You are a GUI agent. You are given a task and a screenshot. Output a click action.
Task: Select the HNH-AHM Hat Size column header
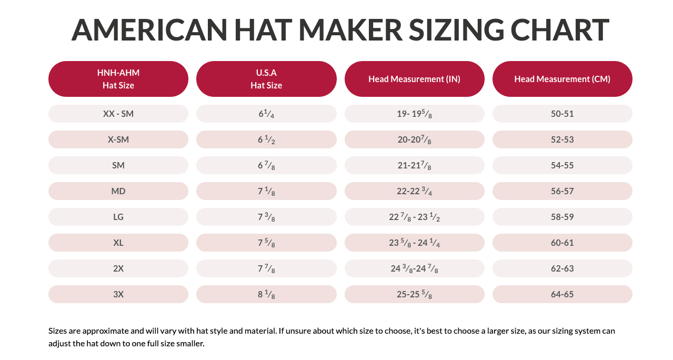tap(118, 79)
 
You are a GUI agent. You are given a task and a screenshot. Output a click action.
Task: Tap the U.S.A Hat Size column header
tap(266, 79)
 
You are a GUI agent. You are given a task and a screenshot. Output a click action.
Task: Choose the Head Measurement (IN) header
tap(414, 79)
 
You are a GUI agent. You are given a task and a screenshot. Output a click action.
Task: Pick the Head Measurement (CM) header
tap(562, 79)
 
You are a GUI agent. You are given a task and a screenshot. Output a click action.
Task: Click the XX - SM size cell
tap(118, 114)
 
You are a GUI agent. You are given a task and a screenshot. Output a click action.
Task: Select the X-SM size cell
tap(118, 139)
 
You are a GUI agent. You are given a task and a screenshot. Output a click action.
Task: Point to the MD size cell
tap(118, 191)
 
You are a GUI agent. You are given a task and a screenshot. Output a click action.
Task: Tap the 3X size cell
tap(118, 294)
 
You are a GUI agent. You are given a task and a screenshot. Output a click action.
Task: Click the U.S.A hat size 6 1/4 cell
tap(266, 114)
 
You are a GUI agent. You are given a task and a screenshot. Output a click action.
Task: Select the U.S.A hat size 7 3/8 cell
tap(266, 217)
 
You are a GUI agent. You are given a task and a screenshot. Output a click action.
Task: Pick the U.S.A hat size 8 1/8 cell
tap(266, 294)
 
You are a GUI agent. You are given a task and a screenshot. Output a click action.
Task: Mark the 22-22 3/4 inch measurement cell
tap(414, 191)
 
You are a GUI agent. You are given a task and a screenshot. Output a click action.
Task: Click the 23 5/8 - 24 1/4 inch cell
tap(414, 243)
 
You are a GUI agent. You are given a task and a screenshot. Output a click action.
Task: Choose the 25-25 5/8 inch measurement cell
tap(414, 294)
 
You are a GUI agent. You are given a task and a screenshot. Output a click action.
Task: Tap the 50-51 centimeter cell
tap(562, 114)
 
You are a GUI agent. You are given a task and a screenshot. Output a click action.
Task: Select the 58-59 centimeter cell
tap(562, 217)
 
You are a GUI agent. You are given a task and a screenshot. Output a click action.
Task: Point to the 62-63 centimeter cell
tap(562, 268)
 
